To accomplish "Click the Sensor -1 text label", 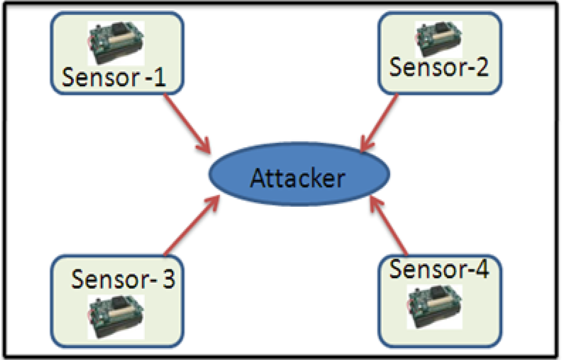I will click(114, 77).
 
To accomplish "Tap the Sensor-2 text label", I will click(439, 67).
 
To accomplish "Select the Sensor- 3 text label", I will click(123, 279).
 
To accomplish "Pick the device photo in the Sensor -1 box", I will click(116, 43).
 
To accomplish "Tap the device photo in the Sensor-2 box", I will click(439, 38).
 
